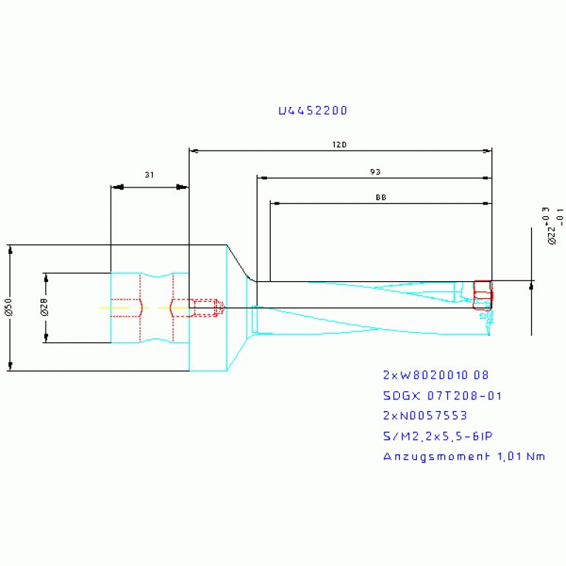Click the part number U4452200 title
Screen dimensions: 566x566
coord(313,111)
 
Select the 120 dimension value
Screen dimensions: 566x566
coord(339,145)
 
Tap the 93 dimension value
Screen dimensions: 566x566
coord(375,171)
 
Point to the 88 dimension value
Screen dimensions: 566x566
coord(380,197)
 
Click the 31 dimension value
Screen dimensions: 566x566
coord(149,175)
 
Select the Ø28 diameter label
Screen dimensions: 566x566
coord(44,308)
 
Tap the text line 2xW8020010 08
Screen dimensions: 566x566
coord(435,375)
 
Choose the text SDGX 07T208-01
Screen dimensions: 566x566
coord(442,396)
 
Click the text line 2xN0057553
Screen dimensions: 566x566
coord(425,415)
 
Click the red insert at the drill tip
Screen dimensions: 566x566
coord(482,293)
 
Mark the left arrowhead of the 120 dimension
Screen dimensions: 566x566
coord(194,151)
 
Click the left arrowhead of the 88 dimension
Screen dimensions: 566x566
coord(275,203)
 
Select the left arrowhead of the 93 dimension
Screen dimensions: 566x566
coord(262,178)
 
